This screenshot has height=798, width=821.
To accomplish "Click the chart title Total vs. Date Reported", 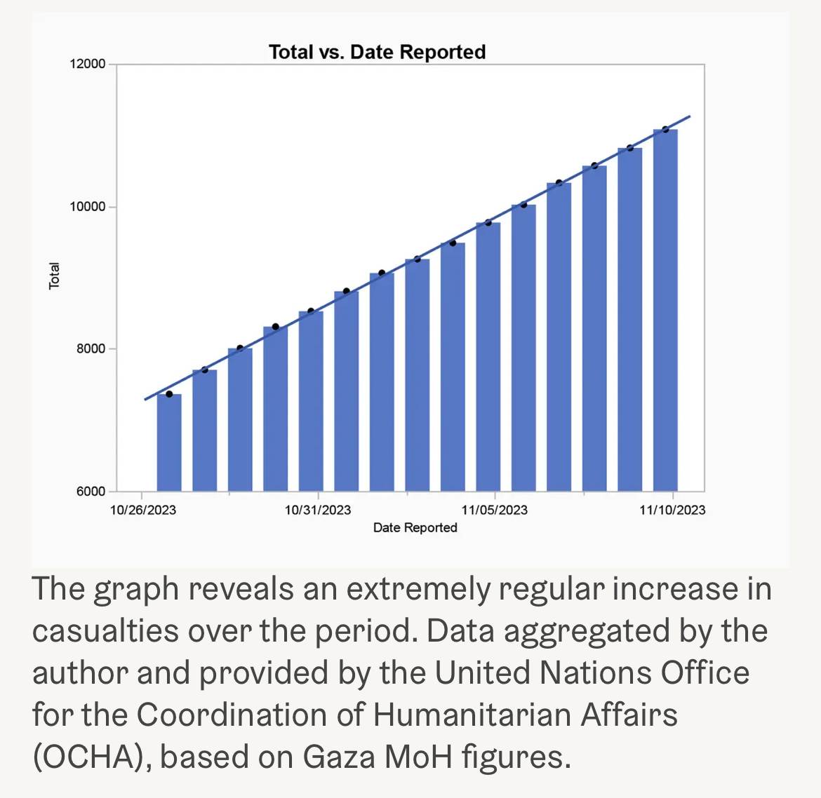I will [377, 52].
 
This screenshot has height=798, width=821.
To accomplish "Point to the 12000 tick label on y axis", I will [88, 65].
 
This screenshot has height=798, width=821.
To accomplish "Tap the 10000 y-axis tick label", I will [88, 207].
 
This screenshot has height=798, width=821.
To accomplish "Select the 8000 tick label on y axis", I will [91, 349].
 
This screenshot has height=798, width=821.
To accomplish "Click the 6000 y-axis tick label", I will [91, 492].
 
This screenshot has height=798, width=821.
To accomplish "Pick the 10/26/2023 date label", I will [143, 510].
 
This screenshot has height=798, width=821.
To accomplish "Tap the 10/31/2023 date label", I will [318, 510].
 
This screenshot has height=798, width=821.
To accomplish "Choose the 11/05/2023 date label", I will [495, 510].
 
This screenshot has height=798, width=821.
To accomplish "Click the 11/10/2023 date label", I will [672, 510].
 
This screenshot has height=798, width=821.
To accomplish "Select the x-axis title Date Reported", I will [415, 527].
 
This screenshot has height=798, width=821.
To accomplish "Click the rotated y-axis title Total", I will [54, 276].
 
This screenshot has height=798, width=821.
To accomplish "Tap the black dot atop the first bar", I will [169, 394].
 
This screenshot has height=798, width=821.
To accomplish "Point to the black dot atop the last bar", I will [665, 129].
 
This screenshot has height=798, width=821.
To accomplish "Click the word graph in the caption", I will [136, 590].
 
